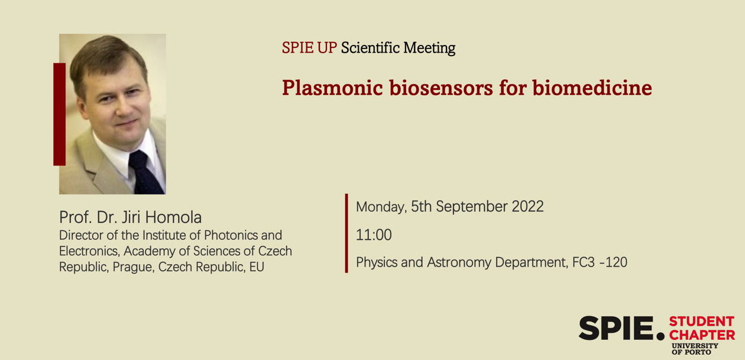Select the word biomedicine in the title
point(592,88)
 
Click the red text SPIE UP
point(309,48)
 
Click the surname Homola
point(173,218)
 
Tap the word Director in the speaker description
point(81,235)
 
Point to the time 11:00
point(374,235)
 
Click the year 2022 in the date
point(527,206)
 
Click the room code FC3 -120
point(600,262)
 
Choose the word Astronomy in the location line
point(459,263)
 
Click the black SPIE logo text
point(621,329)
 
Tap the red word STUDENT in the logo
point(701,322)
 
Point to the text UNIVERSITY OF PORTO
point(694,349)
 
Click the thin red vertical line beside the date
point(346,233)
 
